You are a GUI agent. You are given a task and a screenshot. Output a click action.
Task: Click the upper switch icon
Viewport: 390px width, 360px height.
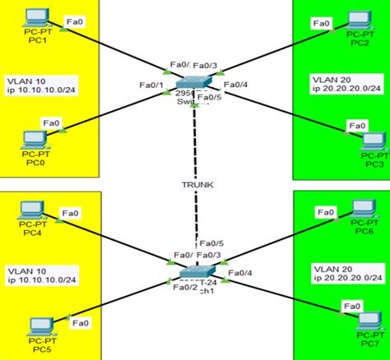[x=196, y=85]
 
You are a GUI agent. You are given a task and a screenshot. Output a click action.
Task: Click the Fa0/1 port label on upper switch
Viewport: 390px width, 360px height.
[x=151, y=85]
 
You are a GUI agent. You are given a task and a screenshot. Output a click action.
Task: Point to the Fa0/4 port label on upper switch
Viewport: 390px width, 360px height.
[x=235, y=85]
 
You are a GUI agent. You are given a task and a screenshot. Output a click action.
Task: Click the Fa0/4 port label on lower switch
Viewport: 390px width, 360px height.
[x=240, y=272]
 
